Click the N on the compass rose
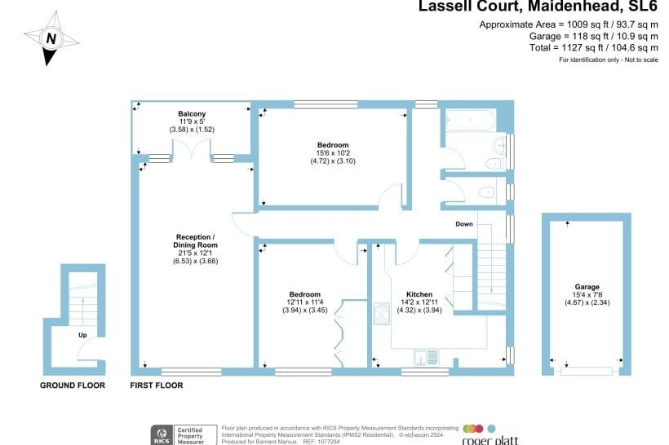(51, 39)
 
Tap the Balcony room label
(192, 114)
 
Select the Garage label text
(587, 287)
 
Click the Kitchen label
(419, 294)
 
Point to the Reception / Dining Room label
(196, 240)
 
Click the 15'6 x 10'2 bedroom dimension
(333, 153)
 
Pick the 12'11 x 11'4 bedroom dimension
(304, 302)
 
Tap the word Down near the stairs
(464, 224)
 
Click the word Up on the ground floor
(82, 335)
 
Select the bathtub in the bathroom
(470, 120)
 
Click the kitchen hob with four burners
(382, 313)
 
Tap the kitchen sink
(426, 358)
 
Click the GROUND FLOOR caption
(73, 386)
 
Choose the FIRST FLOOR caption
(157, 386)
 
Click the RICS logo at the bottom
(162, 435)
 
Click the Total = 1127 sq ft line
(593, 47)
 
